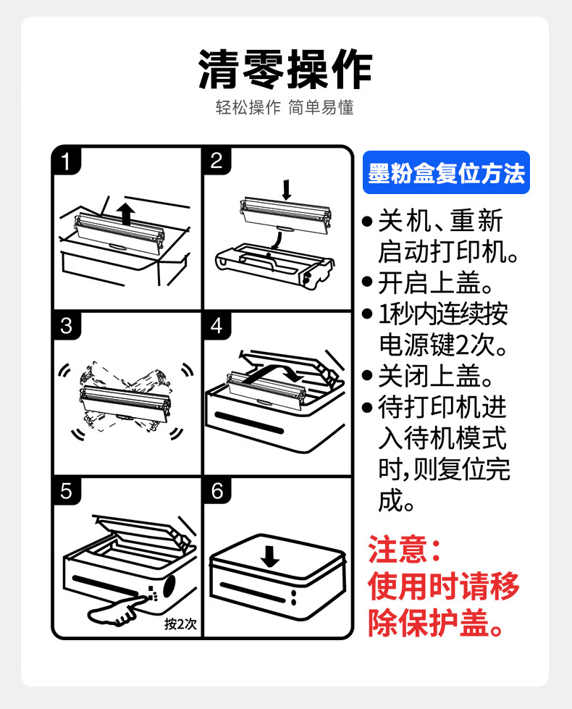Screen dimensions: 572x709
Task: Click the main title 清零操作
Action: [x=285, y=70]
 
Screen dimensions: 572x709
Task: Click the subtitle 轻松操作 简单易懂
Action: [x=285, y=108]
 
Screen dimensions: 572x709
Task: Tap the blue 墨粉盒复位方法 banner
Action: [x=446, y=173]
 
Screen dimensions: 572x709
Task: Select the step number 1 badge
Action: [x=67, y=161]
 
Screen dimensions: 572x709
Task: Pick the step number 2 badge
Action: [x=217, y=161]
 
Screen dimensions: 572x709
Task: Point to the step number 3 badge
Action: [x=67, y=326]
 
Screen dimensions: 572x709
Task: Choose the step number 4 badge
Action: [x=217, y=326]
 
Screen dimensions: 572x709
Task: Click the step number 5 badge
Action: [x=67, y=490]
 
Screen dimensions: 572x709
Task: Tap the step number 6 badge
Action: [x=217, y=490]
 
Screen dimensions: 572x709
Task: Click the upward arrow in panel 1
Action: [x=125, y=214]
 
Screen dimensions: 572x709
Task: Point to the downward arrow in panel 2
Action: [x=286, y=190]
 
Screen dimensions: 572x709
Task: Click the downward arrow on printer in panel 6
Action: [x=270, y=556]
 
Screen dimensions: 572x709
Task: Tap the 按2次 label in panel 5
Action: [x=180, y=624]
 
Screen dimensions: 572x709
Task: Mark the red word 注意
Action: [x=398, y=550]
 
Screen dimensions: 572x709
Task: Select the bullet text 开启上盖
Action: [x=429, y=283]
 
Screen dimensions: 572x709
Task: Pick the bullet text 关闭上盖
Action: [x=429, y=376]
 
